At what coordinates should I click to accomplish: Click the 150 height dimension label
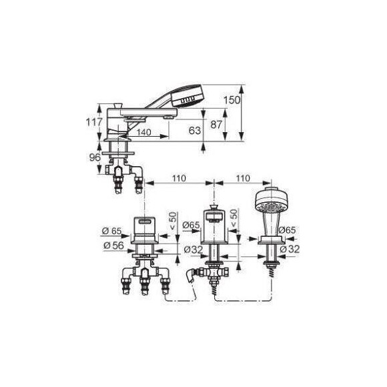232,100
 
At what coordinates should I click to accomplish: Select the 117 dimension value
94,122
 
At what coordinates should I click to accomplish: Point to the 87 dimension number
216,125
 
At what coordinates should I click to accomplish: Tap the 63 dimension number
195,130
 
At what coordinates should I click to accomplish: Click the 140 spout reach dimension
144,132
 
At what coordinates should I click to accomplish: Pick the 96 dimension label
95,157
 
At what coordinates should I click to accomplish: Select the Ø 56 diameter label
113,246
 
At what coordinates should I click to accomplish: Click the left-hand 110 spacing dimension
179,178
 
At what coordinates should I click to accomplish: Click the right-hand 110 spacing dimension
243,178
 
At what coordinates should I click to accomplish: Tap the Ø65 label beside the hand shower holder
288,230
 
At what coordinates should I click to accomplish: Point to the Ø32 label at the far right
290,249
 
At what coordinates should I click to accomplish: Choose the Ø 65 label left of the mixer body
112,231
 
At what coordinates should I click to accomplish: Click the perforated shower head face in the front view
271,207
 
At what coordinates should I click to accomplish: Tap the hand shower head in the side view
187,96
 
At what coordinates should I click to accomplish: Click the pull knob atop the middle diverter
214,207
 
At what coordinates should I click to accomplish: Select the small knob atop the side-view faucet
117,105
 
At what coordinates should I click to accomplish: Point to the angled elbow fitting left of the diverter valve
192,276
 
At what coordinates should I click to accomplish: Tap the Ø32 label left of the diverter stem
193,250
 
